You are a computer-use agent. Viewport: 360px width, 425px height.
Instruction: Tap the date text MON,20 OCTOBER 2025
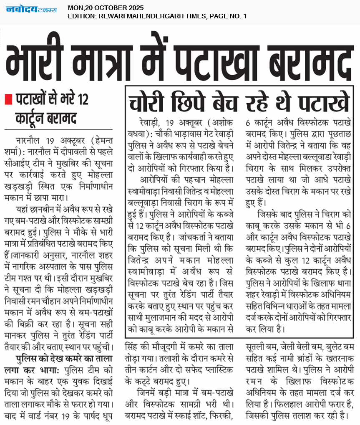click(106, 8)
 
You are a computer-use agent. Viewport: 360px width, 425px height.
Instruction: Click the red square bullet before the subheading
click(7, 100)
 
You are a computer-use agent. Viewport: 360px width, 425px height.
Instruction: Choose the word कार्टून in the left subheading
click(33, 118)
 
